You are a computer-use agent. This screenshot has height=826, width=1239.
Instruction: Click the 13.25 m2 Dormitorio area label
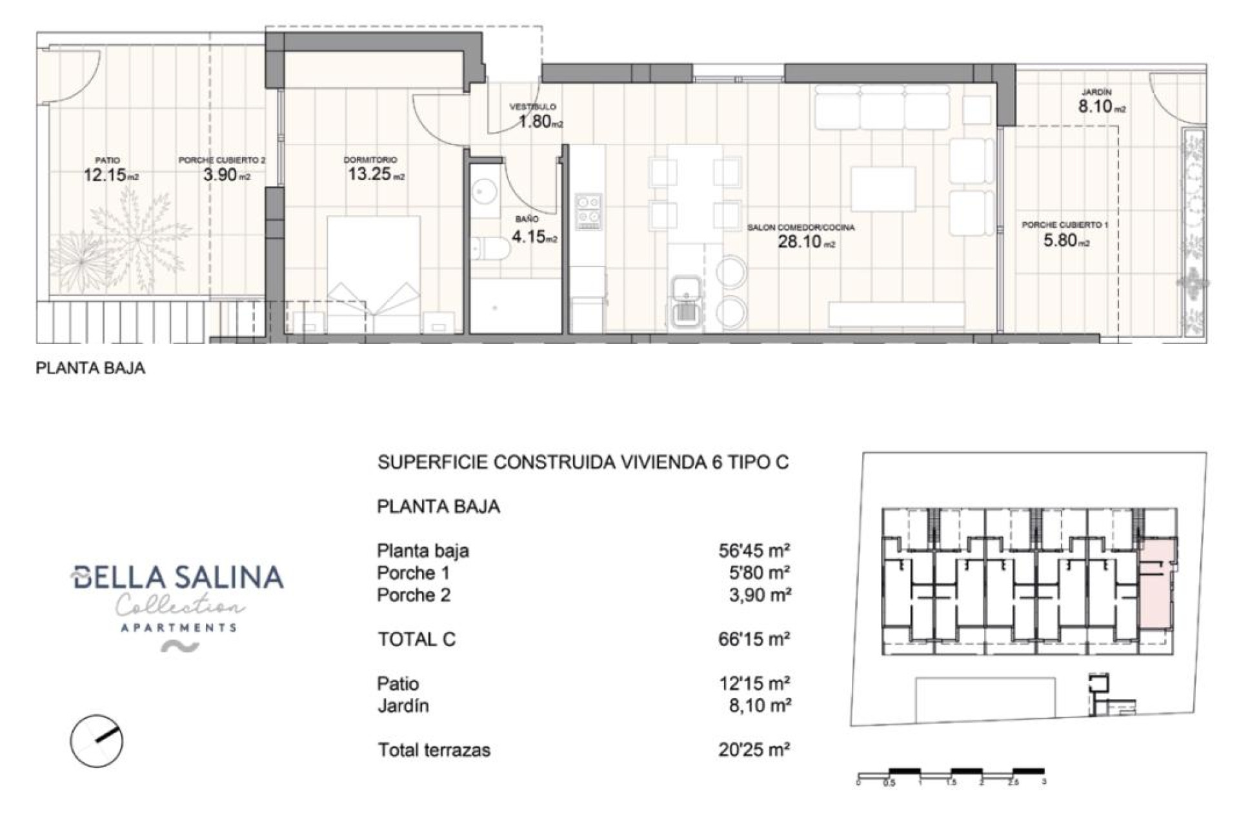(x=376, y=168)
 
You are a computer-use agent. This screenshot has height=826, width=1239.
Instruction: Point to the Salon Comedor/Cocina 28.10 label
(x=801, y=236)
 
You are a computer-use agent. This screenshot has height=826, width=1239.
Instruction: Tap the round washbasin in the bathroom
(x=484, y=191)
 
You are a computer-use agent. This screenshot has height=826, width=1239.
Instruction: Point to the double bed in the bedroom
(x=374, y=274)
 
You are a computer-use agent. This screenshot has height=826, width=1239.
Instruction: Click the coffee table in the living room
(x=882, y=189)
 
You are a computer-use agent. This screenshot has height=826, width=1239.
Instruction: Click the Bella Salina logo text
(x=177, y=577)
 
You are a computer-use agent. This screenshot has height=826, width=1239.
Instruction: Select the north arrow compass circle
(x=97, y=740)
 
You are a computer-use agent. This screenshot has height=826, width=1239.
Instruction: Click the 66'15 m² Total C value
(x=754, y=639)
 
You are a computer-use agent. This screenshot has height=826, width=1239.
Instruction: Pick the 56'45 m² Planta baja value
(x=754, y=550)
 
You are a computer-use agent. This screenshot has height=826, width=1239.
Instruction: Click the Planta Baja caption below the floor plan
(x=90, y=368)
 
